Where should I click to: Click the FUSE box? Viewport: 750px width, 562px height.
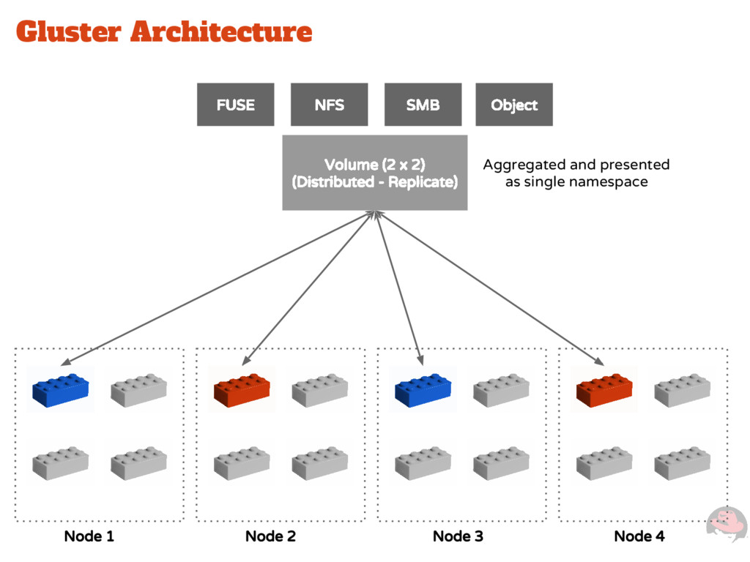click(x=235, y=105)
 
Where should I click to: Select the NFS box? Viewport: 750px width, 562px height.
click(x=329, y=105)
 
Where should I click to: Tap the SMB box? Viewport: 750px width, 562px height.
click(x=423, y=105)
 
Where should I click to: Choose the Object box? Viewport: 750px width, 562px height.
click(x=514, y=105)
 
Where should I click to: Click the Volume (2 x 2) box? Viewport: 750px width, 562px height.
click(x=374, y=173)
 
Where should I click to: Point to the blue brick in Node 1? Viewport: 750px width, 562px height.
click(x=60, y=391)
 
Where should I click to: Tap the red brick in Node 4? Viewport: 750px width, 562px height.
click(x=604, y=391)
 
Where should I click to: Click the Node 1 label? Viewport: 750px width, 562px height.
click(x=89, y=536)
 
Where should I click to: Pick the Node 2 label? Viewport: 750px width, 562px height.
click(x=270, y=536)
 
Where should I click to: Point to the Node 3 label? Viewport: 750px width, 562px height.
click(x=458, y=536)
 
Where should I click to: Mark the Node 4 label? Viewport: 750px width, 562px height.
click(x=639, y=536)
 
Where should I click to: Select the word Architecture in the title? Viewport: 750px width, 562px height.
click(x=221, y=31)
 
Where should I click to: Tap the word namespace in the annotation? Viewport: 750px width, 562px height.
click(x=611, y=181)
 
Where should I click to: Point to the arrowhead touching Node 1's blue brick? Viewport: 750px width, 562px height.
click(x=66, y=362)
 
